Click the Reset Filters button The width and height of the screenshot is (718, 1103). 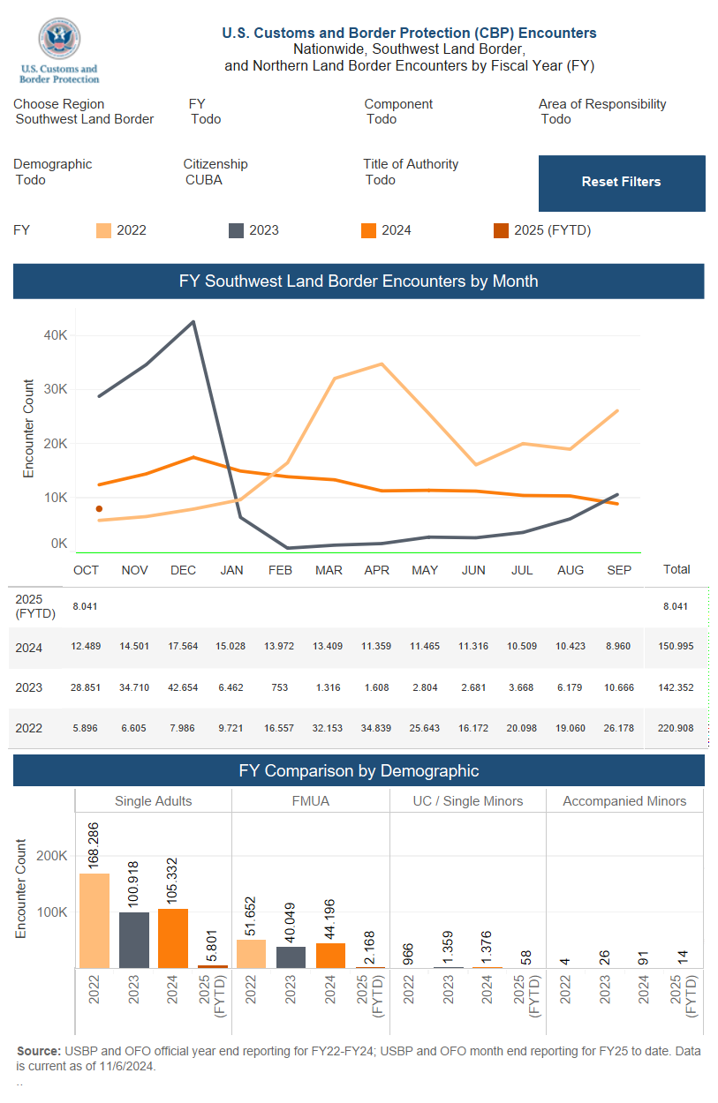[621, 183]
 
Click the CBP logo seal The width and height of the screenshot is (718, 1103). [59, 41]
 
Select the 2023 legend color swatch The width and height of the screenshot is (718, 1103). [236, 230]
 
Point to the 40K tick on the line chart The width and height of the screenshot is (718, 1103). [56, 335]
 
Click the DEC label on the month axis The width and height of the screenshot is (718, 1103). [183, 570]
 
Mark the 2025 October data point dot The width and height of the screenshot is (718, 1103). [99, 509]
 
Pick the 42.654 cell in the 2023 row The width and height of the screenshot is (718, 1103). [183, 688]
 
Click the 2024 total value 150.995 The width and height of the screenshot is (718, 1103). [676, 647]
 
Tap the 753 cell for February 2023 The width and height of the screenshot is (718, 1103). [280, 688]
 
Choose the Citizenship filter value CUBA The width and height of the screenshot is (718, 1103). [204, 180]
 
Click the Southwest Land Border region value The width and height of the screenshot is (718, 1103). [85, 119]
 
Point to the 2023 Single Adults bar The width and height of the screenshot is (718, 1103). [134, 940]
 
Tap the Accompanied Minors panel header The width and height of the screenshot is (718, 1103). [624, 801]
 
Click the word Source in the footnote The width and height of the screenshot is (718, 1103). [37, 1051]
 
